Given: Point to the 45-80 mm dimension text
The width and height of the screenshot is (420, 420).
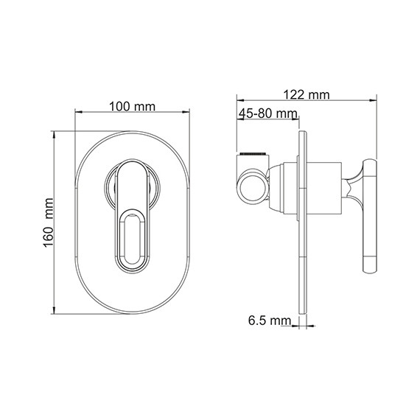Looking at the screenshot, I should (x=267, y=113).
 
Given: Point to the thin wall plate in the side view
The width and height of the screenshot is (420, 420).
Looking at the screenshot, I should (x=303, y=221).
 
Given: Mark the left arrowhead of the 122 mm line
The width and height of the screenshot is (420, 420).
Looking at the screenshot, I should (x=238, y=100).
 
